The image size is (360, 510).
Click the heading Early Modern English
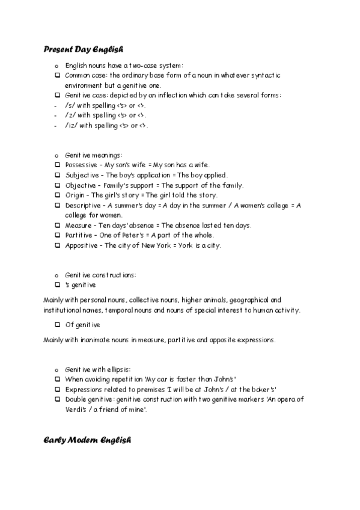[x=87, y=440]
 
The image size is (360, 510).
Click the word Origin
[x=75, y=195]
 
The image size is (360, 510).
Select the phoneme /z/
[x=69, y=115]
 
